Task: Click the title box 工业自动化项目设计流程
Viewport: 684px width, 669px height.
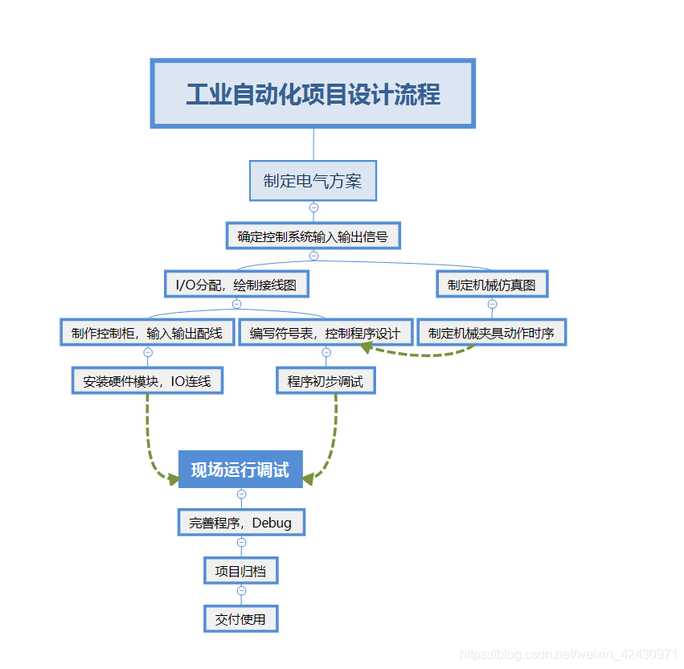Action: coord(313,93)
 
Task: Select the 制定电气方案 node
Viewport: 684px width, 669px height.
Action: coord(313,181)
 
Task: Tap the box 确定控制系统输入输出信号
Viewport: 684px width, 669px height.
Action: coord(313,236)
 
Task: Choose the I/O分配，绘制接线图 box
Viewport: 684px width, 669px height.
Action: coord(236,284)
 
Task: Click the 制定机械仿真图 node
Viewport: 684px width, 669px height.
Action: coord(492,284)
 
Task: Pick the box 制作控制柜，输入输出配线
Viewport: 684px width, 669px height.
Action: coord(147,333)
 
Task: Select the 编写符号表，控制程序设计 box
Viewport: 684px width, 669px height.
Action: coord(325,333)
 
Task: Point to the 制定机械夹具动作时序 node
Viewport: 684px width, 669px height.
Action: coord(491,333)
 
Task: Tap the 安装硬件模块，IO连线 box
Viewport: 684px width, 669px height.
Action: coord(147,380)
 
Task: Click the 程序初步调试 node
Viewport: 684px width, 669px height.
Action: coord(326,380)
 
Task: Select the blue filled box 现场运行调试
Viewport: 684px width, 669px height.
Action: coord(240,470)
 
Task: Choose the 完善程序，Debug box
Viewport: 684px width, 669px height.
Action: coord(240,523)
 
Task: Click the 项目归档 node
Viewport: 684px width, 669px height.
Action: coord(240,571)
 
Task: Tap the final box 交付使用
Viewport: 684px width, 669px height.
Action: coord(240,618)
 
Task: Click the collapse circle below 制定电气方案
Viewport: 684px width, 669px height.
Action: coord(313,207)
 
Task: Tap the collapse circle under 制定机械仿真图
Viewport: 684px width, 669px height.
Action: coord(492,304)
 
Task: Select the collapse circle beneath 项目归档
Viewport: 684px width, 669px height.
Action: coord(241,590)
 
